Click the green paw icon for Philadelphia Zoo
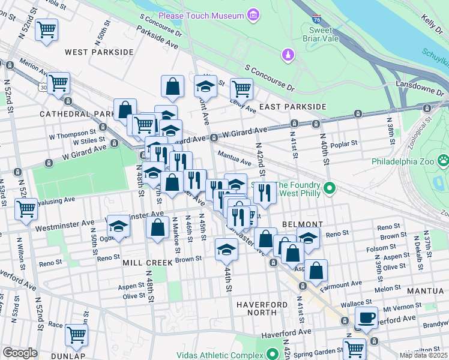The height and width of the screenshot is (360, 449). pos(443,161)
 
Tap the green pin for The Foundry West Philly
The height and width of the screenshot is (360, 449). pos(329,189)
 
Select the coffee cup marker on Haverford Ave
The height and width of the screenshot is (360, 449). pos(366,317)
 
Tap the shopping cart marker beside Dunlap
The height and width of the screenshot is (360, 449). pos(77,335)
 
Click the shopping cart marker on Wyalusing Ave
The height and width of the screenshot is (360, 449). pos(26,209)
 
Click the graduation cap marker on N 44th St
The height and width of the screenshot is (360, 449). pos(226,249)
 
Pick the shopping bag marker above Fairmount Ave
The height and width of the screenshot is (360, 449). pos(316,271)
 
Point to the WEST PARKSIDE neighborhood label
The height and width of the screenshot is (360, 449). pos(99,52)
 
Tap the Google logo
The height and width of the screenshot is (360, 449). pos(20,353)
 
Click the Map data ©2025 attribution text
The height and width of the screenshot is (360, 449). pos(424,355)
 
